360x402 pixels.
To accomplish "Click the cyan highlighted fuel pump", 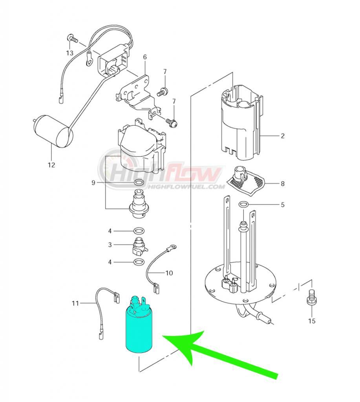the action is point(139,324).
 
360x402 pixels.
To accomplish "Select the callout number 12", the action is point(51,165).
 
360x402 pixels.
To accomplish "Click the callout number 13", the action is point(70,53).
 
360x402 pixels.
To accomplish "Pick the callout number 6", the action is point(145,57).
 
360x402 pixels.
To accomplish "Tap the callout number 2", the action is point(283,135).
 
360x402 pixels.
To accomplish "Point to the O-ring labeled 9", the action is point(139,183).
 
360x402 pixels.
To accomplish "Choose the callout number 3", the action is point(110,245).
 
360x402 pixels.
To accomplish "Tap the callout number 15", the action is point(312,321).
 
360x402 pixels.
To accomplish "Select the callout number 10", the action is point(169,273).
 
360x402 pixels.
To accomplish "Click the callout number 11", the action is point(75,303).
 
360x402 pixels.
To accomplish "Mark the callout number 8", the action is point(283,184).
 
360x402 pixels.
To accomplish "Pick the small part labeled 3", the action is point(140,246).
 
